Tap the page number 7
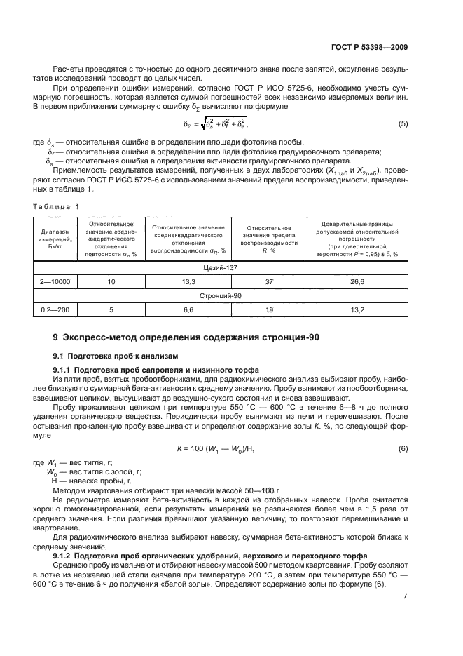pos(405,615)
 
